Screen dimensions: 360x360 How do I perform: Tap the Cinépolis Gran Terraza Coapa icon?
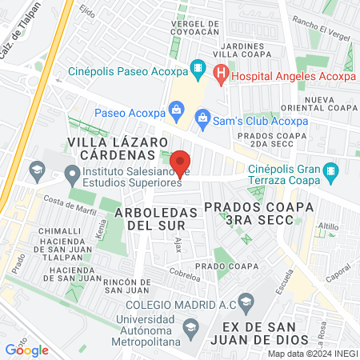coord(330,170)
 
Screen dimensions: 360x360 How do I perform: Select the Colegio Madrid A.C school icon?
coord(246,302)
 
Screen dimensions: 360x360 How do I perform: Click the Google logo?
coord(26,350)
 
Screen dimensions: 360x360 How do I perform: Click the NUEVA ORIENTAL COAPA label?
coord(329,105)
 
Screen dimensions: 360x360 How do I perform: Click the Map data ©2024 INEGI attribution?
coord(312,354)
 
